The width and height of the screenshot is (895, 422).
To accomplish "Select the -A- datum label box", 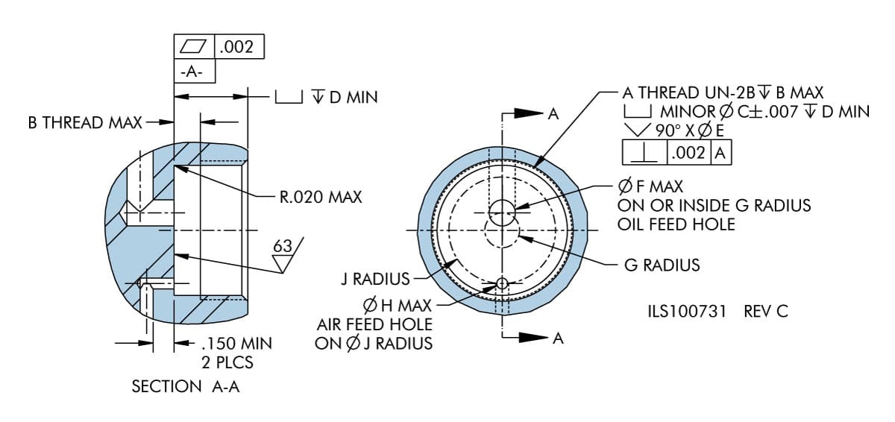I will pyautogui.click(x=194, y=72).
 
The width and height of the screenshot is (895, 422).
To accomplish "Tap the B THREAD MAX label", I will pyautogui.click(x=85, y=122).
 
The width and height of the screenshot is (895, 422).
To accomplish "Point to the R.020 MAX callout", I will pyautogui.click(x=321, y=198).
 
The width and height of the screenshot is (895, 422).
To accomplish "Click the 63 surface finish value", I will pyautogui.click(x=283, y=247).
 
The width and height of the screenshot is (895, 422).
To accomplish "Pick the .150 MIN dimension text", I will pyautogui.click(x=236, y=344).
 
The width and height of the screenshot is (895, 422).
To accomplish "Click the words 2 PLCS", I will pyautogui.click(x=227, y=363).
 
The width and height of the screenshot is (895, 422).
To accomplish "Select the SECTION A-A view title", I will pyautogui.click(x=186, y=386).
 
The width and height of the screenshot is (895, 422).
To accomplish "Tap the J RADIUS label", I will pyautogui.click(x=375, y=280).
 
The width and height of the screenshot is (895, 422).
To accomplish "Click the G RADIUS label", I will pyautogui.click(x=662, y=265).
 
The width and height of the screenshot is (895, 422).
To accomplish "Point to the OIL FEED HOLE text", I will pyautogui.click(x=676, y=224).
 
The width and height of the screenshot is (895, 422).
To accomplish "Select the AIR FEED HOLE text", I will pyautogui.click(x=374, y=324).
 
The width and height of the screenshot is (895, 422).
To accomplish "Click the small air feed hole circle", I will pyautogui.click(x=502, y=283).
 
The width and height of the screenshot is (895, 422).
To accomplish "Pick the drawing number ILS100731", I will pyautogui.click(x=687, y=311).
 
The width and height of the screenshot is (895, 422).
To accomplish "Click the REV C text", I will pyautogui.click(x=766, y=311).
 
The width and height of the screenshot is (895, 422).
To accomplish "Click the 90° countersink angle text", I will pyautogui.click(x=669, y=130).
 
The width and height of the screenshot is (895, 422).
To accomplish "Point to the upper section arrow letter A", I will pyautogui.click(x=553, y=114).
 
